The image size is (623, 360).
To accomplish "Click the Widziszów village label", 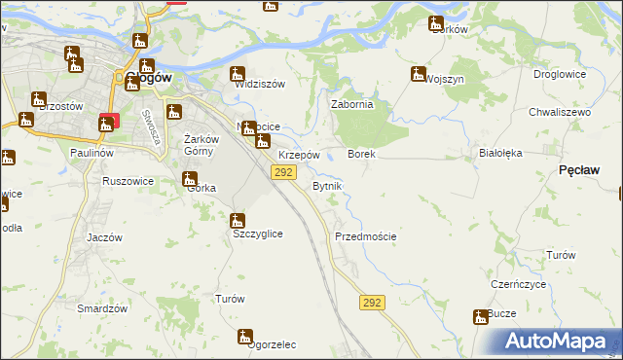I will click(260, 84).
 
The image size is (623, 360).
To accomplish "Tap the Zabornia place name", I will click(353, 105).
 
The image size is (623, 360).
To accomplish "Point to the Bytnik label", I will click(325, 185).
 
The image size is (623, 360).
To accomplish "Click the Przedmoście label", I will click(365, 236).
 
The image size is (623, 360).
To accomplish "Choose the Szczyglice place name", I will click(257, 234).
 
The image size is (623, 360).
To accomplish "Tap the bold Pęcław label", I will click(579, 169).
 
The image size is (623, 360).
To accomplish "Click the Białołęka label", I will click(501, 153).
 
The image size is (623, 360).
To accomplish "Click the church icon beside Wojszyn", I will click(419, 74).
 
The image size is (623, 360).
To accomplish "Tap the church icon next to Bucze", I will click(481, 317).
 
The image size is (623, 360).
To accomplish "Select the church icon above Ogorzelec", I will click(245, 337).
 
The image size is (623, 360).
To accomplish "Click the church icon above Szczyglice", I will click(238, 221).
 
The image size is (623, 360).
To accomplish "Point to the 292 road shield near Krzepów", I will click(282, 172).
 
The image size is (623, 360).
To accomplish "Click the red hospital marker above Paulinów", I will click(107, 123).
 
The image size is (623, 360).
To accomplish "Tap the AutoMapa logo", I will click(561, 342).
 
